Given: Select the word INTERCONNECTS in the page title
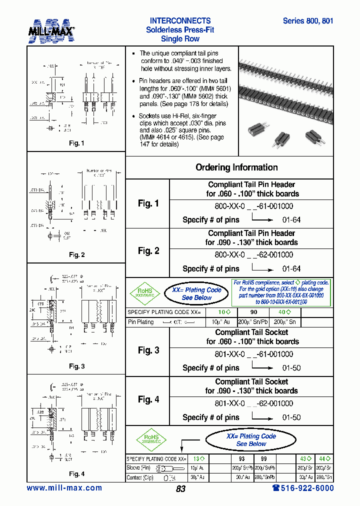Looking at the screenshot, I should pyautogui.click(x=180, y=21).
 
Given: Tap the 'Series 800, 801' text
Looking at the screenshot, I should pyautogui.click(x=307, y=21).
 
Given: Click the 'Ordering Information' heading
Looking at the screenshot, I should pyautogui.click(x=236, y=167).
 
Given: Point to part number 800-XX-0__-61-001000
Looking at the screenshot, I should pyautogui.click(x=253, y=206).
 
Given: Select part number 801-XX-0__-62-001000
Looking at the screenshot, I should pyautogui.click(x=253, y=403).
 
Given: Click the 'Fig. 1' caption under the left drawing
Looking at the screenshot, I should pyautogui.click(x=76, y=143).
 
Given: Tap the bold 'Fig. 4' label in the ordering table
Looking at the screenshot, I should pyautogui.click(x=148, y=399).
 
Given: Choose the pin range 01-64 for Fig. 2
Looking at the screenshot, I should pyautogui.click(x=291, y=269).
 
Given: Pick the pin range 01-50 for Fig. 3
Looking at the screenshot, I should pyautogui.click(x=291, y=368).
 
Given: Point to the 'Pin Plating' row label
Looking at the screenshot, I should pyautogui.click(x=141, y=322).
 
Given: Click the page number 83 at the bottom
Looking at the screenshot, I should pyautogui.click(x=180, y=489).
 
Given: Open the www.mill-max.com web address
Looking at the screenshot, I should pyautogui.click(x=64, y=488).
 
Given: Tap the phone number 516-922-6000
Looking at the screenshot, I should pyautogui.click(x=303, y=488).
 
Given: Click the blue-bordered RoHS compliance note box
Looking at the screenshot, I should pyautogui.click(x=282, y=292).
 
